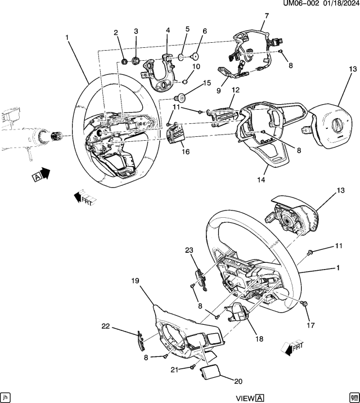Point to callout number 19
[x=136, y=280]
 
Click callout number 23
[x=190, y=250]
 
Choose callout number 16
[x=185, y=152]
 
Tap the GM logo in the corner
[x=354, y=396]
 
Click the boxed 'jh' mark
[x=6, y=396]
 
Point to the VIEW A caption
[x=249, y=398]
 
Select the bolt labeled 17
[x=304, y=304]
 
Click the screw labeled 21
[x=193, y=366]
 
